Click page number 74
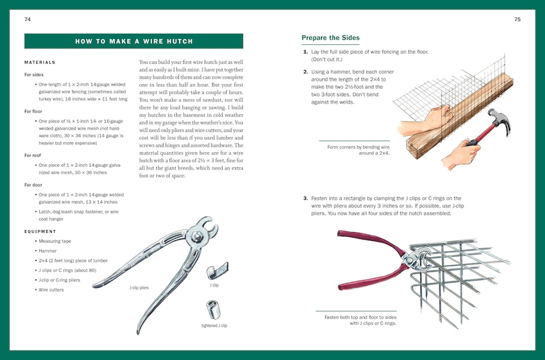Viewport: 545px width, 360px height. pyautogui.click(x=27, y=20)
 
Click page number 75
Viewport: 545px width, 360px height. pyautogui.click(x=517, y=20)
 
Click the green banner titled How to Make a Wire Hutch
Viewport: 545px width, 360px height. pyautogui.click(x=134, y=41)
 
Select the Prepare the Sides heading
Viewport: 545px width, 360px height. pyautogui.click(x=330, y=38)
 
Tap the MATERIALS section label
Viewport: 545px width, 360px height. pyautogui.click(x=39, y=63)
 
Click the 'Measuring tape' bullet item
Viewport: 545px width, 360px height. pyautogui.click(x=59, y=241)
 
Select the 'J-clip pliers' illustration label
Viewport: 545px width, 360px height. pyautogui.click(x=139, y=287)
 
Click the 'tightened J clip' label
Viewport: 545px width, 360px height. pyautogui.click(x=215, y=326)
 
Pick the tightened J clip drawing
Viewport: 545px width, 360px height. pyautogui.click(x=214, y=310)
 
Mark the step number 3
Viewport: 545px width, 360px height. pyautogui.click(x=305, y=198)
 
